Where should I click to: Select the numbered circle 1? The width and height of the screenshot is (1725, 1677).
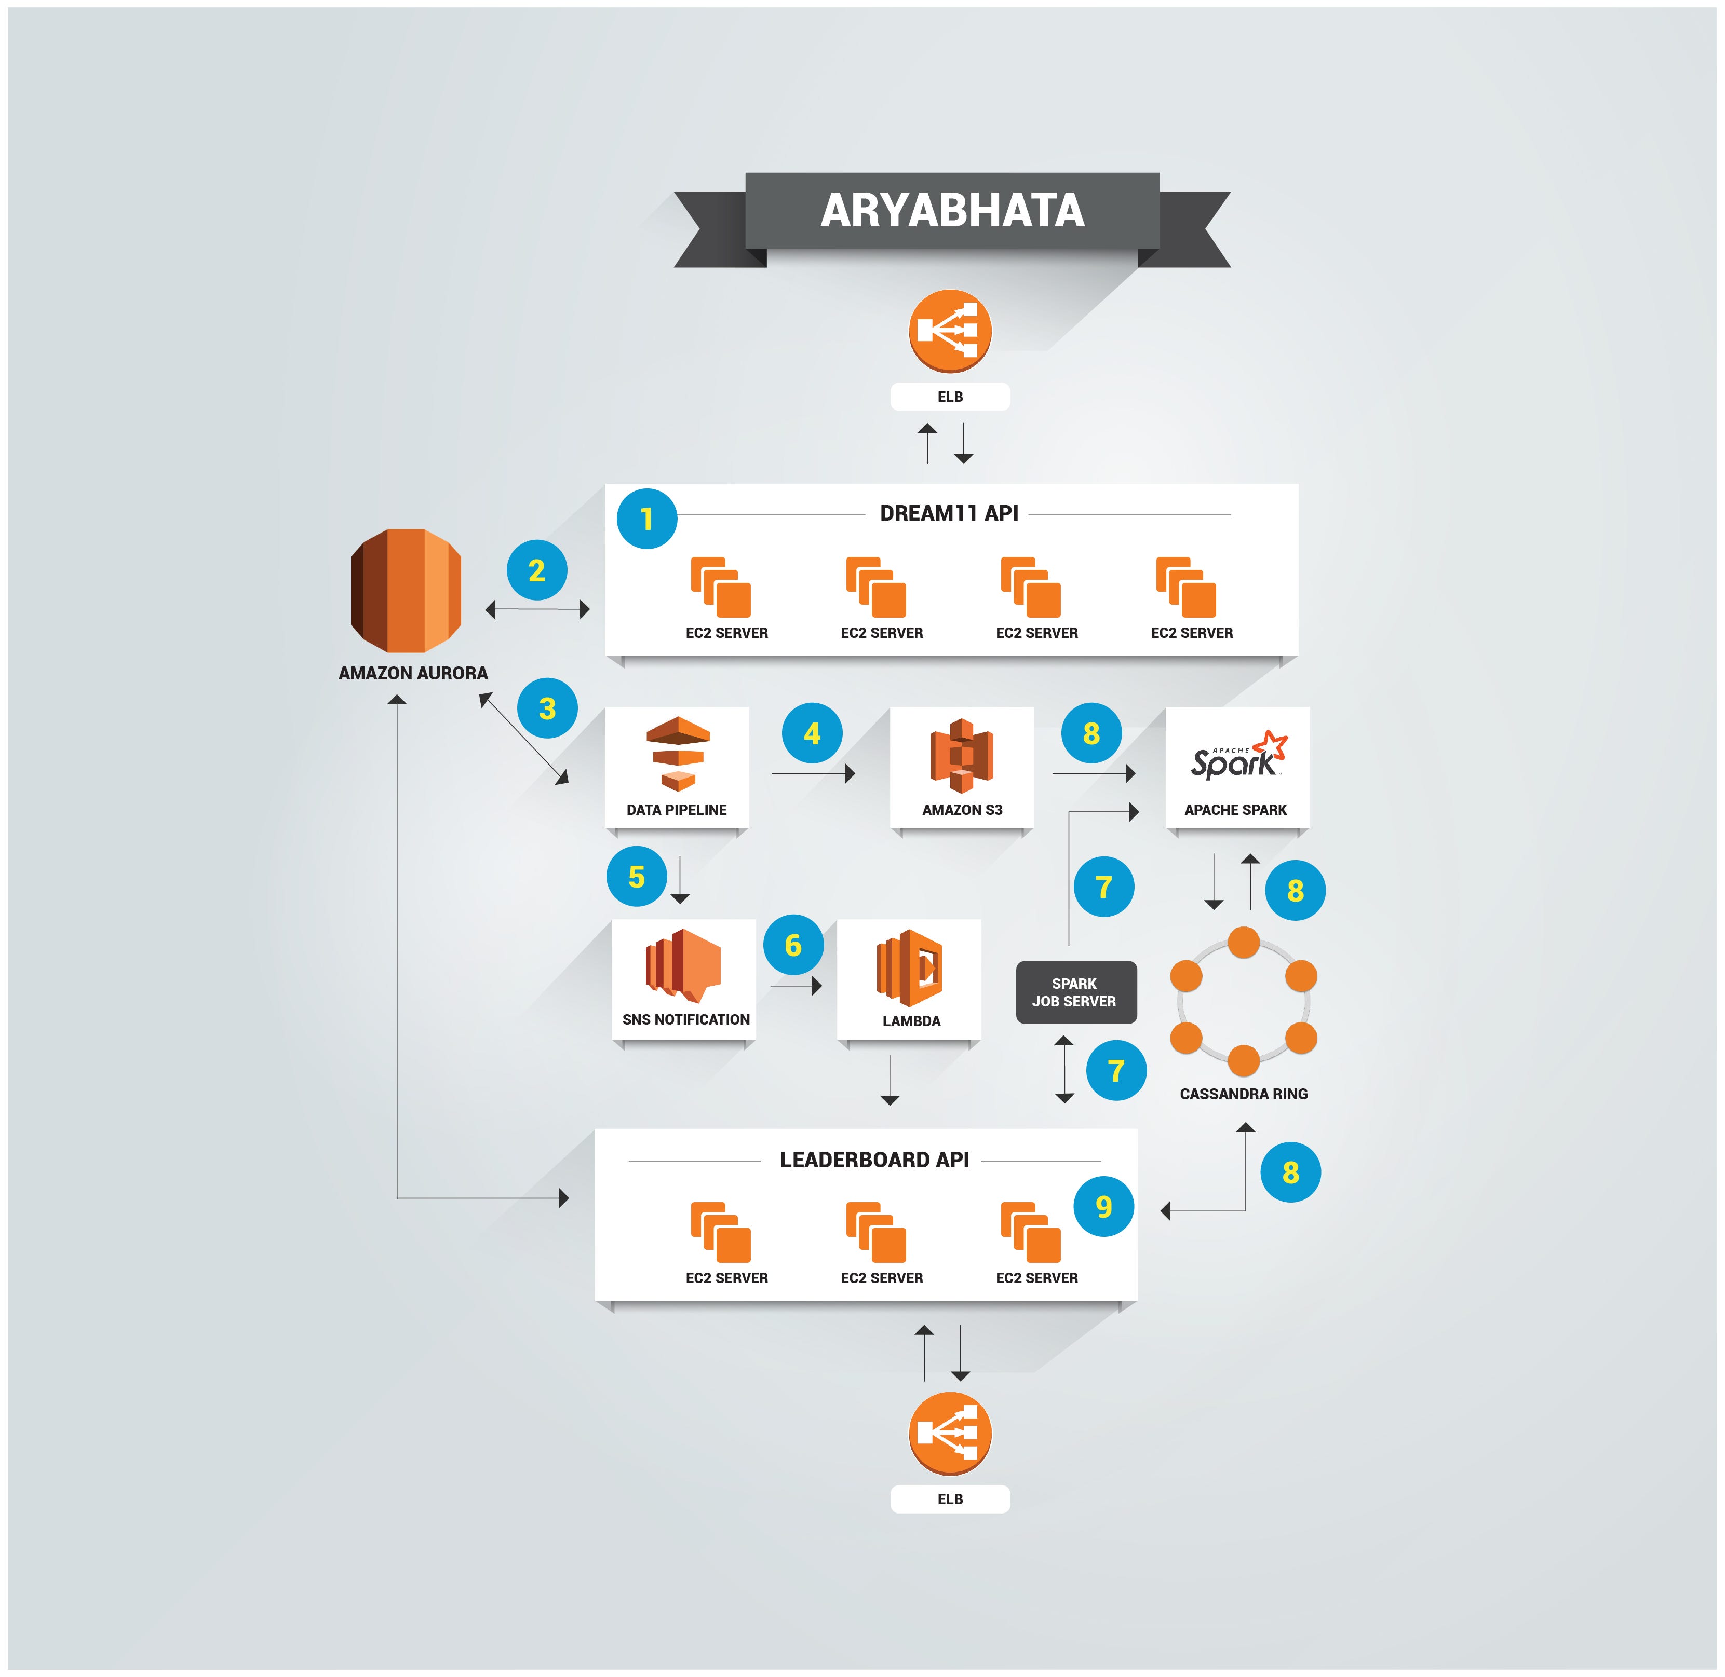pyautogui.click(x=646, y=519)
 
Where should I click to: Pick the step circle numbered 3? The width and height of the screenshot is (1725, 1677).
pyautogui.click(x=547, y=708)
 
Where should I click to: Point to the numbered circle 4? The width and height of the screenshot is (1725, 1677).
pyautogui.click(x=812, y=733)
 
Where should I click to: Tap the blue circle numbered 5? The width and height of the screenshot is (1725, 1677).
pyautogui.click(x=636, y=876)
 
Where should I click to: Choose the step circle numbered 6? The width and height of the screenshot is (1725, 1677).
pyautogui.click(x=793, y=945)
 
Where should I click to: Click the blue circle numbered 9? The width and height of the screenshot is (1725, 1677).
pyautogui.click(x=1103, y=1206)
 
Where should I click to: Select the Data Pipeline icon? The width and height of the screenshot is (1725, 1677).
pyautogui.click(x=678, y=754)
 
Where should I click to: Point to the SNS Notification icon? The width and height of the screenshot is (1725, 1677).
pyautogui.click(x=684, y=966)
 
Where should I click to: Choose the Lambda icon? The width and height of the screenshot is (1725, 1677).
pyautogui.click(x=909, y=968)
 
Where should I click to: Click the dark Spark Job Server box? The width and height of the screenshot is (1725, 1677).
pyautogui.click(x=1076, y=992)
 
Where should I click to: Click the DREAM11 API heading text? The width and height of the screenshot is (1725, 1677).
pyautogui.click(x=949, y=513)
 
